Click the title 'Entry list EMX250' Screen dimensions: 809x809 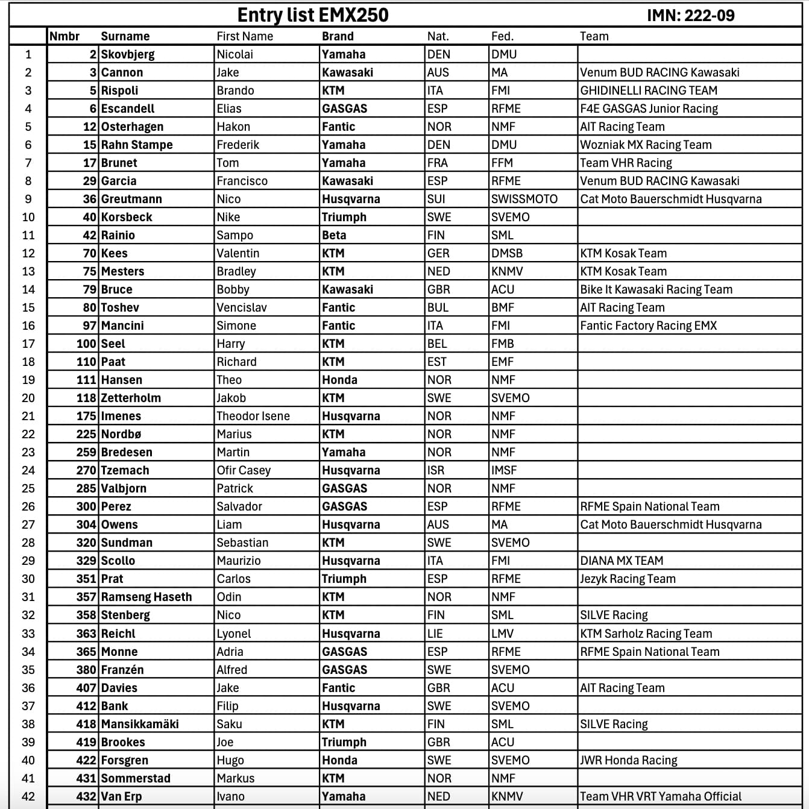313,14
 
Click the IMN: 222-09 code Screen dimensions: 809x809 691,15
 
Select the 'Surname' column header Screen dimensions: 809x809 125,36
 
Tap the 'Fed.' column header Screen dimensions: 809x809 502,36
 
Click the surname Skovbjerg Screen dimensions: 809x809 128,54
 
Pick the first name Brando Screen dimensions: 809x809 235,90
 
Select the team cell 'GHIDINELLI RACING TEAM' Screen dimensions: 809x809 649,90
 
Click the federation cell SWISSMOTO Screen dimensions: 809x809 524,199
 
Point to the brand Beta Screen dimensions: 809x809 334,235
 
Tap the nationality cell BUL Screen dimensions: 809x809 438,307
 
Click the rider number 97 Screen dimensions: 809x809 90,326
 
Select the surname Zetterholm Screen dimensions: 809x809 131,398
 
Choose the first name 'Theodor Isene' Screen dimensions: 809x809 253,416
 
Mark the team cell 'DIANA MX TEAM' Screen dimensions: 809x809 622,561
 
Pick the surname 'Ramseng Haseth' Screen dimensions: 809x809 146,597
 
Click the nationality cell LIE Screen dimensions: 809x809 435,634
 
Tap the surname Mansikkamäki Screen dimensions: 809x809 140,724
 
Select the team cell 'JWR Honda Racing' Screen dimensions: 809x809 629,760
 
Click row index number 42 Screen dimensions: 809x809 28,796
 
